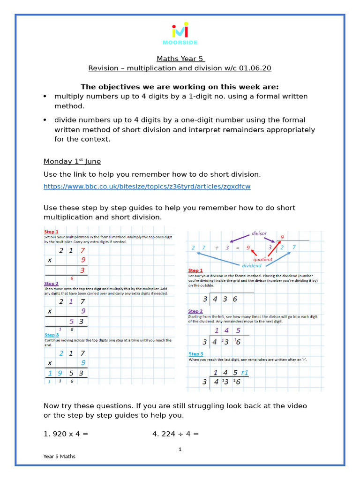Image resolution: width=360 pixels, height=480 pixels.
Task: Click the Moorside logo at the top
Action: tap(180, 33)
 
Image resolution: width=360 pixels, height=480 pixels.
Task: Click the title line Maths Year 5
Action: tap(180, 59)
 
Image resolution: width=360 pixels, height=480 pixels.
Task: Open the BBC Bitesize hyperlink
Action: tap(147, 187)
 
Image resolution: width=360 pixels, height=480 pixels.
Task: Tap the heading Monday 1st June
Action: tap(72, 161)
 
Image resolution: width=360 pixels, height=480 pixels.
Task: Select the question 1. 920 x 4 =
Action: tap(66, 434)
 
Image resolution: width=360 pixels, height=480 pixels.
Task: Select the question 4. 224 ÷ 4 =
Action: tap(175, 434)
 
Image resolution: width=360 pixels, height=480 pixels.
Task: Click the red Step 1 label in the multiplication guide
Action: tap(51, 232)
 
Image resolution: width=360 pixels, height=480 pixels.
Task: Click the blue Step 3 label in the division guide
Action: tap(195, 354)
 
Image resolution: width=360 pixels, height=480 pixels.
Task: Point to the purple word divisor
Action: tap(259, 233)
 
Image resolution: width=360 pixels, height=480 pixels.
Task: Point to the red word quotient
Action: tap(262, 259)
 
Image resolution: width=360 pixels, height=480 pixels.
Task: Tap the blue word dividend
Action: tap(251, 265)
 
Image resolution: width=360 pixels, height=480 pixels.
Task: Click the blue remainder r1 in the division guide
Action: tap(244, 373)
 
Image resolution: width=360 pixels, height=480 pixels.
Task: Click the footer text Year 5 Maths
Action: tap(59, 456)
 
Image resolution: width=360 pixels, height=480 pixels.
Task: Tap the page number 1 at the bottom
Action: tap(180, 449)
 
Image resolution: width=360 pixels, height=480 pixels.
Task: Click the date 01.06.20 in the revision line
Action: tap(255, 68)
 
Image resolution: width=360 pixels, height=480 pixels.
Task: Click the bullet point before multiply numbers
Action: tap(45, 97)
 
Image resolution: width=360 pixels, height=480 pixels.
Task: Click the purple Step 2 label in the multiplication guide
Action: tap(51, 284)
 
